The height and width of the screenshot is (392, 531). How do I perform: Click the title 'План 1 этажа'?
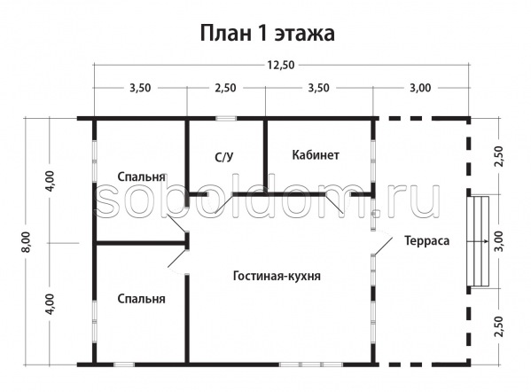pos(267,34)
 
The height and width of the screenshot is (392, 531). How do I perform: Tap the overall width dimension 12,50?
pos(281,65)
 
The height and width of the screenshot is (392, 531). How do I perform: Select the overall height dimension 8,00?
pos(27,241)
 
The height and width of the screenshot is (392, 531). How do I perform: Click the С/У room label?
pos(224,157)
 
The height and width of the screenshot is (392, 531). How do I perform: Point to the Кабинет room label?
pos(316,155)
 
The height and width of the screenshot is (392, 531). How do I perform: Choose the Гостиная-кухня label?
pos(277,276)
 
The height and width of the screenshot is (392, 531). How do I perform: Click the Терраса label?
pos(427,240)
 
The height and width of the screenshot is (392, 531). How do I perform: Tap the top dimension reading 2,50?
pos(226,88)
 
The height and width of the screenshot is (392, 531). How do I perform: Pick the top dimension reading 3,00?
pos(420,88)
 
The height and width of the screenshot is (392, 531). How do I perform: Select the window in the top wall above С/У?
pos(226,119)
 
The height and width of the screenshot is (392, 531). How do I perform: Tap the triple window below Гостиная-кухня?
pos(311,365)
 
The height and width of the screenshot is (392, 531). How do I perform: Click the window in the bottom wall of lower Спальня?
pos(123,365)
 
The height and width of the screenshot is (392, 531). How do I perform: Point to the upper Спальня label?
pos(142,176)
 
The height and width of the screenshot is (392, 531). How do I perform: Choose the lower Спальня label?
pos(142,299)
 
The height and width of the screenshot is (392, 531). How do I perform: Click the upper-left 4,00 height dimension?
pos(50,181)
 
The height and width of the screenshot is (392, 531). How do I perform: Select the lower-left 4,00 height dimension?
pos(50,304)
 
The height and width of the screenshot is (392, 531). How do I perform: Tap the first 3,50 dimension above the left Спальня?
pos(140,88)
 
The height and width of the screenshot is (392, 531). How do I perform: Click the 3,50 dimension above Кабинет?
pos(318,88)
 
